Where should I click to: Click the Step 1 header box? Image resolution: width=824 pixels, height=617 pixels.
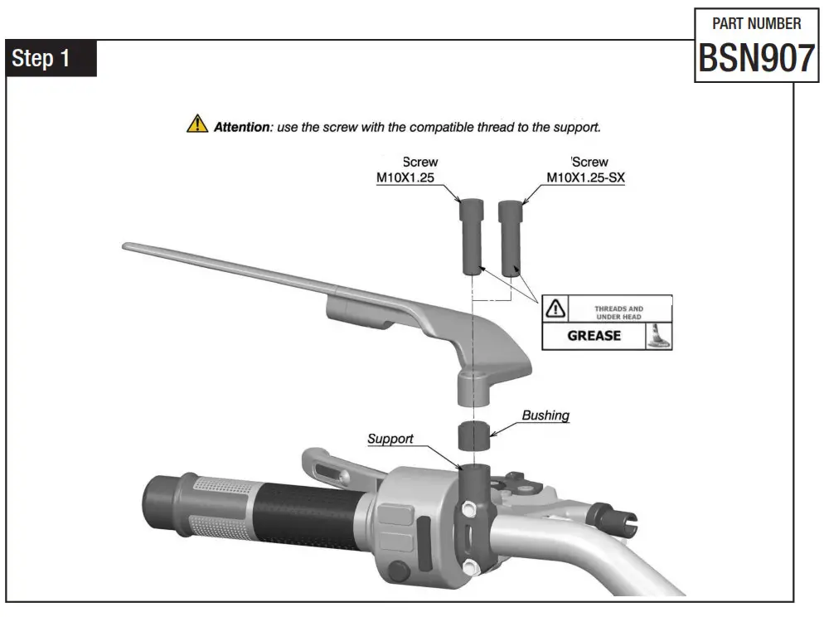point(51,59)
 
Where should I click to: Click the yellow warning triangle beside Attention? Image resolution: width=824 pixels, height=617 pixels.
point(196,125)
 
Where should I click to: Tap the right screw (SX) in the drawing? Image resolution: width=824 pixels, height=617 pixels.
point(511,235)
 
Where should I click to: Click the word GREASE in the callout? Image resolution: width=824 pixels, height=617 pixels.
point(594,336)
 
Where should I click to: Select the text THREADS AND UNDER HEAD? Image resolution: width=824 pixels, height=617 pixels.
point(618,313)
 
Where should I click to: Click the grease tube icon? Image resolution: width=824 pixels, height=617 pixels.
point(657,335)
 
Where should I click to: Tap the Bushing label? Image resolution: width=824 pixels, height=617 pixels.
point(545,415)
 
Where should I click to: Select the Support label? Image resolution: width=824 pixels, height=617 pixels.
point(390,438)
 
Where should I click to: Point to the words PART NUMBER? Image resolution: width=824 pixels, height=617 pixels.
point(757,23)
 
